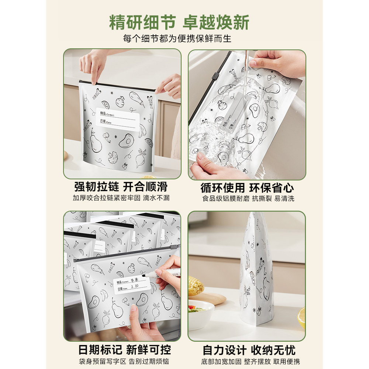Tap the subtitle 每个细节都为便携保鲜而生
(179, 39)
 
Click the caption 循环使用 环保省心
(248, 187)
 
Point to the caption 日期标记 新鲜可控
(122, 349)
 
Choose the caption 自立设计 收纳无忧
(248, 349)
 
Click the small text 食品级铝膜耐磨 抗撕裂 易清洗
(248, 199)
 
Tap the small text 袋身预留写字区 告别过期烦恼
(122, 361)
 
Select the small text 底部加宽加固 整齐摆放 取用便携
(248, 361)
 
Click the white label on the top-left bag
(118, 118)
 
